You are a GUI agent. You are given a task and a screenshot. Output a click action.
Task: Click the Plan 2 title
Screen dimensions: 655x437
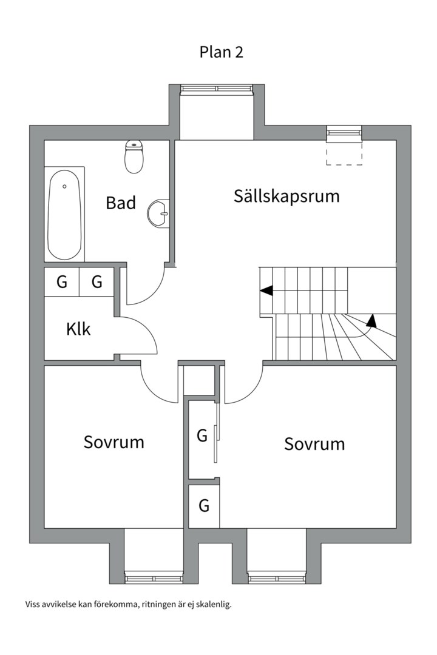[221, 52]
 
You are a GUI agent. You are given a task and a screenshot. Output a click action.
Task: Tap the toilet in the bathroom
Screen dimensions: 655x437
[134, 157]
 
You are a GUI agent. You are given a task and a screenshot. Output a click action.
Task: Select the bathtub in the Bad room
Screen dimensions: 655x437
[64, 215]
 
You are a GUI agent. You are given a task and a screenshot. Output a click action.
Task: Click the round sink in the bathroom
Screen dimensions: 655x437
[158, 213]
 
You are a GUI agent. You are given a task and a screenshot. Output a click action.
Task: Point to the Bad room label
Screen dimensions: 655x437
[121, 203]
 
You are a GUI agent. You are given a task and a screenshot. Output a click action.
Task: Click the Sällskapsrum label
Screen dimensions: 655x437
[286, 196]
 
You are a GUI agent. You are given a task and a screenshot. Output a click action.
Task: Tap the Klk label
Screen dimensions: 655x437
[78, 329]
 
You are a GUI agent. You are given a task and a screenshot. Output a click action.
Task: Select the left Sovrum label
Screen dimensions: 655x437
[114, 442]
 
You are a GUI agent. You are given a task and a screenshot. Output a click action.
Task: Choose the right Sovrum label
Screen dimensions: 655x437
[314, 444]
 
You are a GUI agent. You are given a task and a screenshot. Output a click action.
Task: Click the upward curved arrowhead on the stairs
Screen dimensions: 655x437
[371, 320]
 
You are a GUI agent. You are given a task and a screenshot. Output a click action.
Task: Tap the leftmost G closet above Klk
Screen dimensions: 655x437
[62, 282]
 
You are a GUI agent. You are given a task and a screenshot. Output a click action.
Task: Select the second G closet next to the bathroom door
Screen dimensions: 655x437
[97, 282]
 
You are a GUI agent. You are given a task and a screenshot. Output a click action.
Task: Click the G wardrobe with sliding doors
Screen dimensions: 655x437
[202, 435]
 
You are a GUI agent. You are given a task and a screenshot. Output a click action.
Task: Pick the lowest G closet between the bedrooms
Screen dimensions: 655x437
[204, 505]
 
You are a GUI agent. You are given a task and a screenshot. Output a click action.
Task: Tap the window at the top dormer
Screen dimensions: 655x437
[216, 89]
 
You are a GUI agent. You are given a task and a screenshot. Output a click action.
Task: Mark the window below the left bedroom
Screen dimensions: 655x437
[154, 578]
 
